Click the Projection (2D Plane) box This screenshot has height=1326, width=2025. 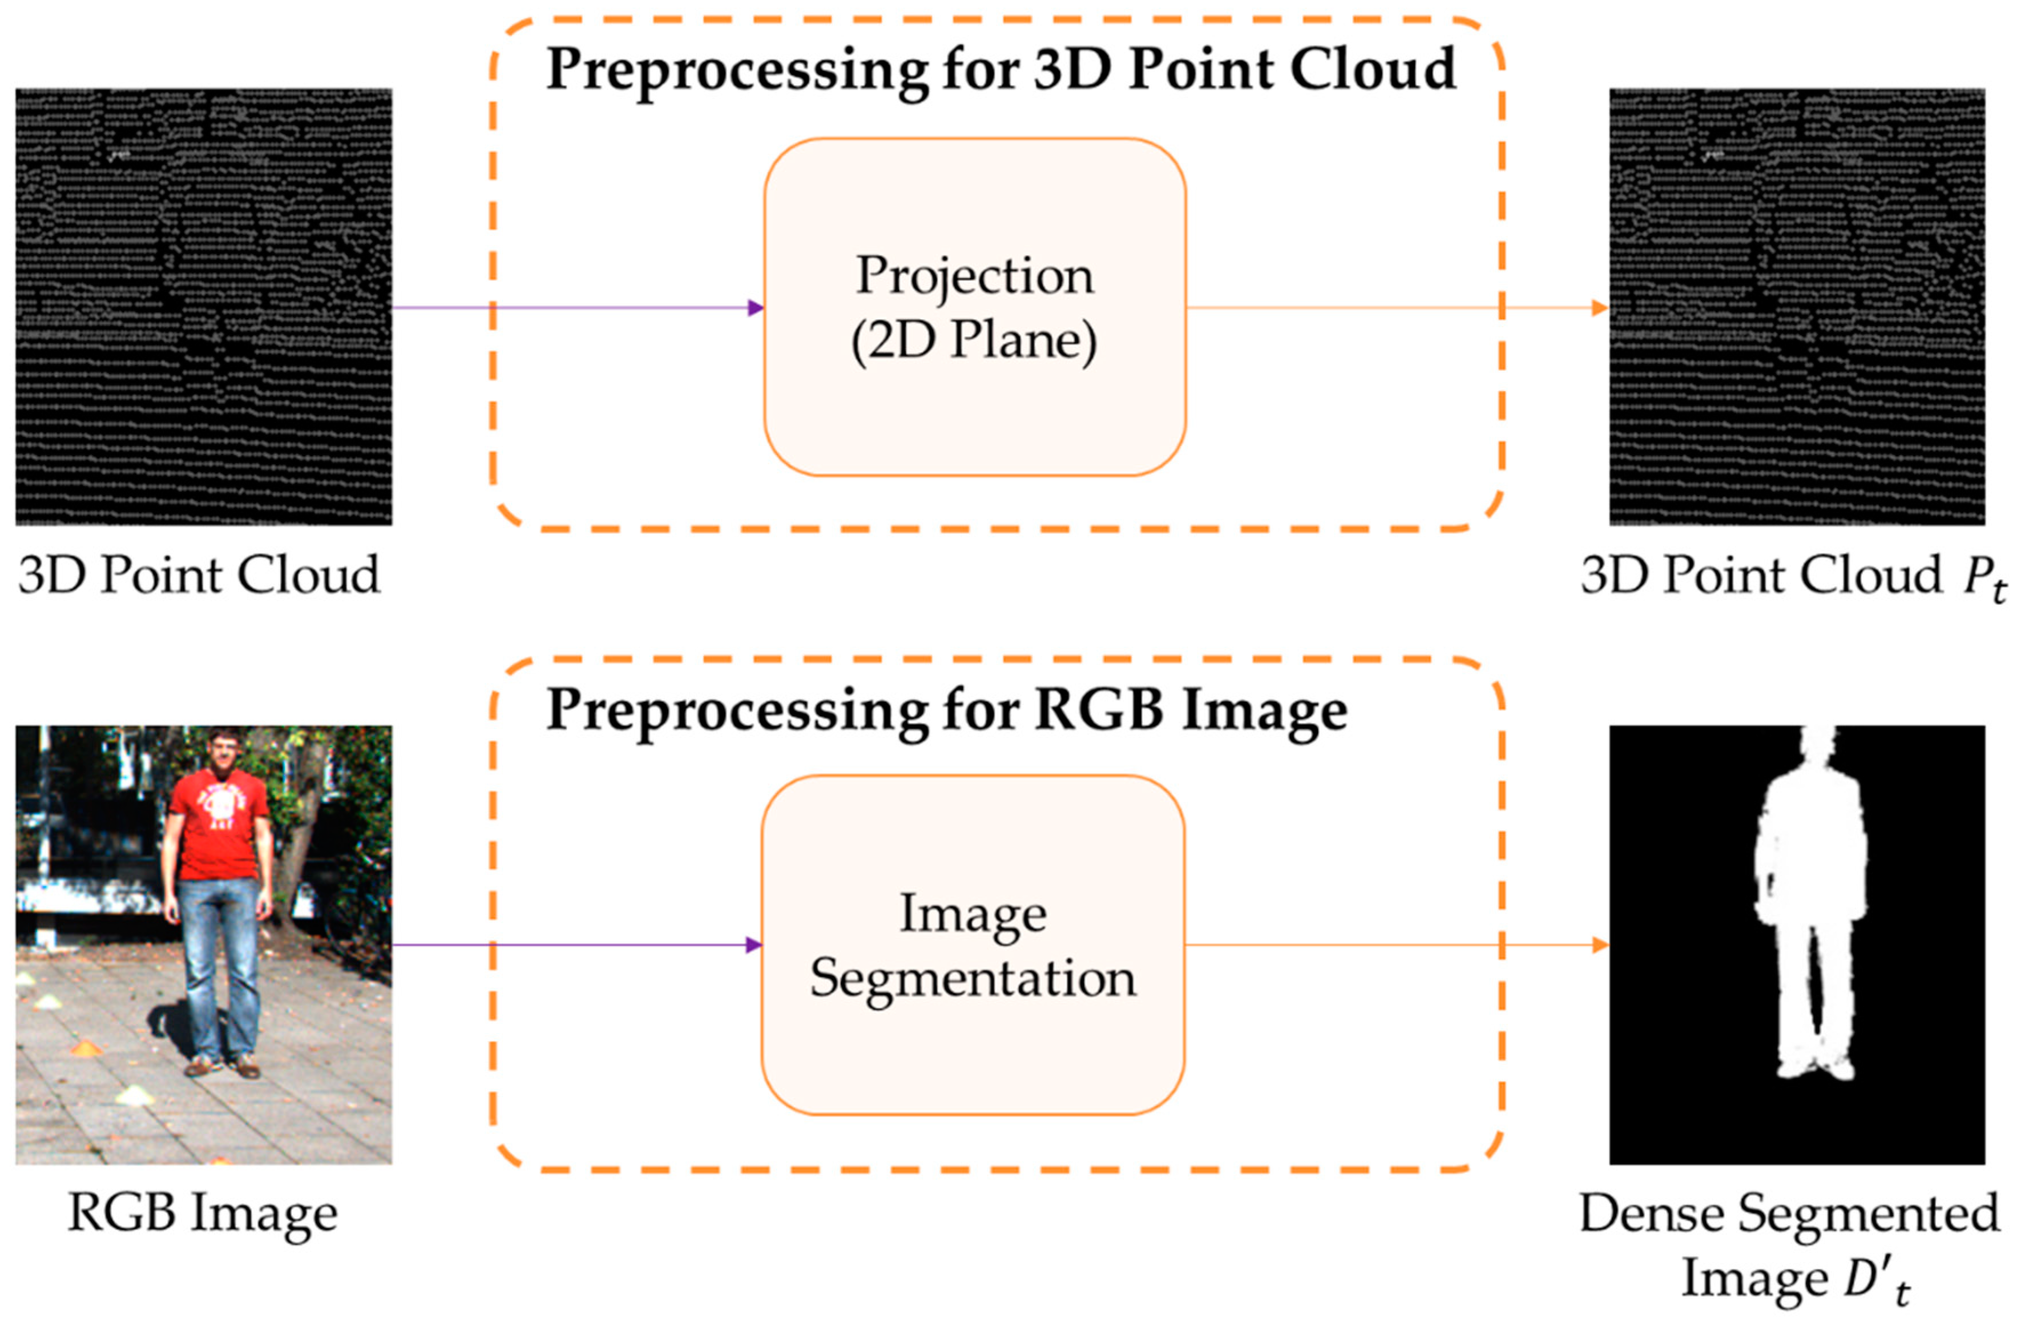pos(974,307)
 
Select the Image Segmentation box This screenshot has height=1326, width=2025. pos(973,945)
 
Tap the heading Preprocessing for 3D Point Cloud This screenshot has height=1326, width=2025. pos(1001,70)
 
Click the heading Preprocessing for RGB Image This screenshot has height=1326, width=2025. pos(946,709)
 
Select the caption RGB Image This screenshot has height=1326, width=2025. pos(203,1213)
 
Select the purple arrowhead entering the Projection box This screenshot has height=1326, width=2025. pos(755,307)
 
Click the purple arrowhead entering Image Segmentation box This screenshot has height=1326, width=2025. pos(753,945)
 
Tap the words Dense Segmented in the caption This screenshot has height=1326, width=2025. pos(1789,1214)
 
